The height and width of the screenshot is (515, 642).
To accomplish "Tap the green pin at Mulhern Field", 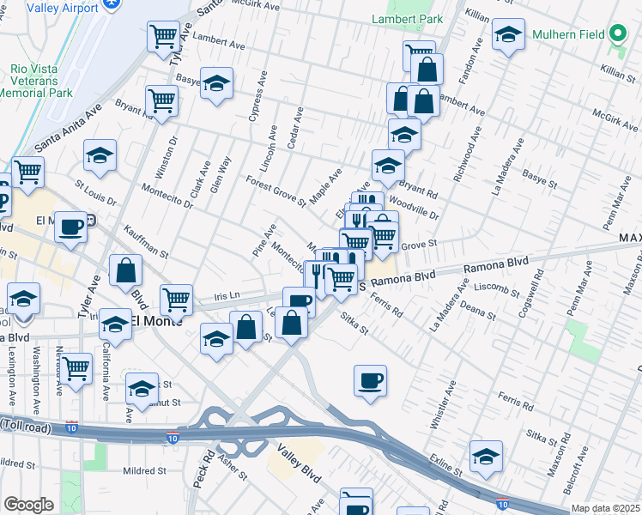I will tap(616, 35).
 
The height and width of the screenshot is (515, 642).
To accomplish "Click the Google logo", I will tap(28, 504).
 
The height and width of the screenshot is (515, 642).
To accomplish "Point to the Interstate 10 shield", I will tap(174, 437).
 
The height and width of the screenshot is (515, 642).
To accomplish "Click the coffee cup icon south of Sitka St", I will tap(370, 380).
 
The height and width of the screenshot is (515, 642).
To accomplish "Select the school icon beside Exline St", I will tap(486, 456).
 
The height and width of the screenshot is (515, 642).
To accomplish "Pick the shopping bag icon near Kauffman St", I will tap(126, 270).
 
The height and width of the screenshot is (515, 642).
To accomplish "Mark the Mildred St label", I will tap(136, 471).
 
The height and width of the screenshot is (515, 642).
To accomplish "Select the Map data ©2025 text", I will tap(606, 508).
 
